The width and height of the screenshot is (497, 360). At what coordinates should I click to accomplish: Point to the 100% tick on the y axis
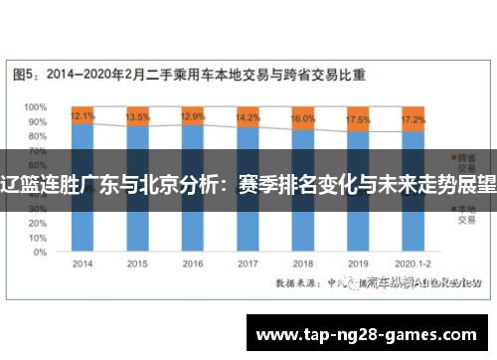36,106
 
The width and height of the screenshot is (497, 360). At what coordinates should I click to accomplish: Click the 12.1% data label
83,115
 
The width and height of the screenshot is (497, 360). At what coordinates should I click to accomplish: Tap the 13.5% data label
138,116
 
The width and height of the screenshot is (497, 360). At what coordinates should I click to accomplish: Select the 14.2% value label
248,117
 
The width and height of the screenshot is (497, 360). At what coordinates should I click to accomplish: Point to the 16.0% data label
302,118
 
